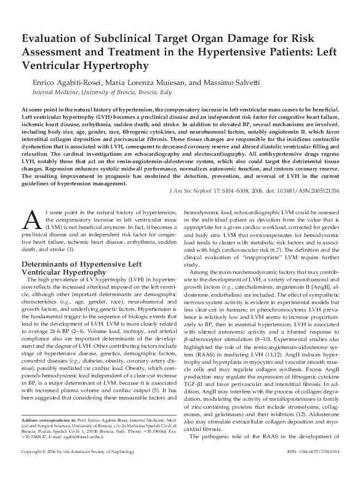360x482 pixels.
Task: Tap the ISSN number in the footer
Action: (314, 470)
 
